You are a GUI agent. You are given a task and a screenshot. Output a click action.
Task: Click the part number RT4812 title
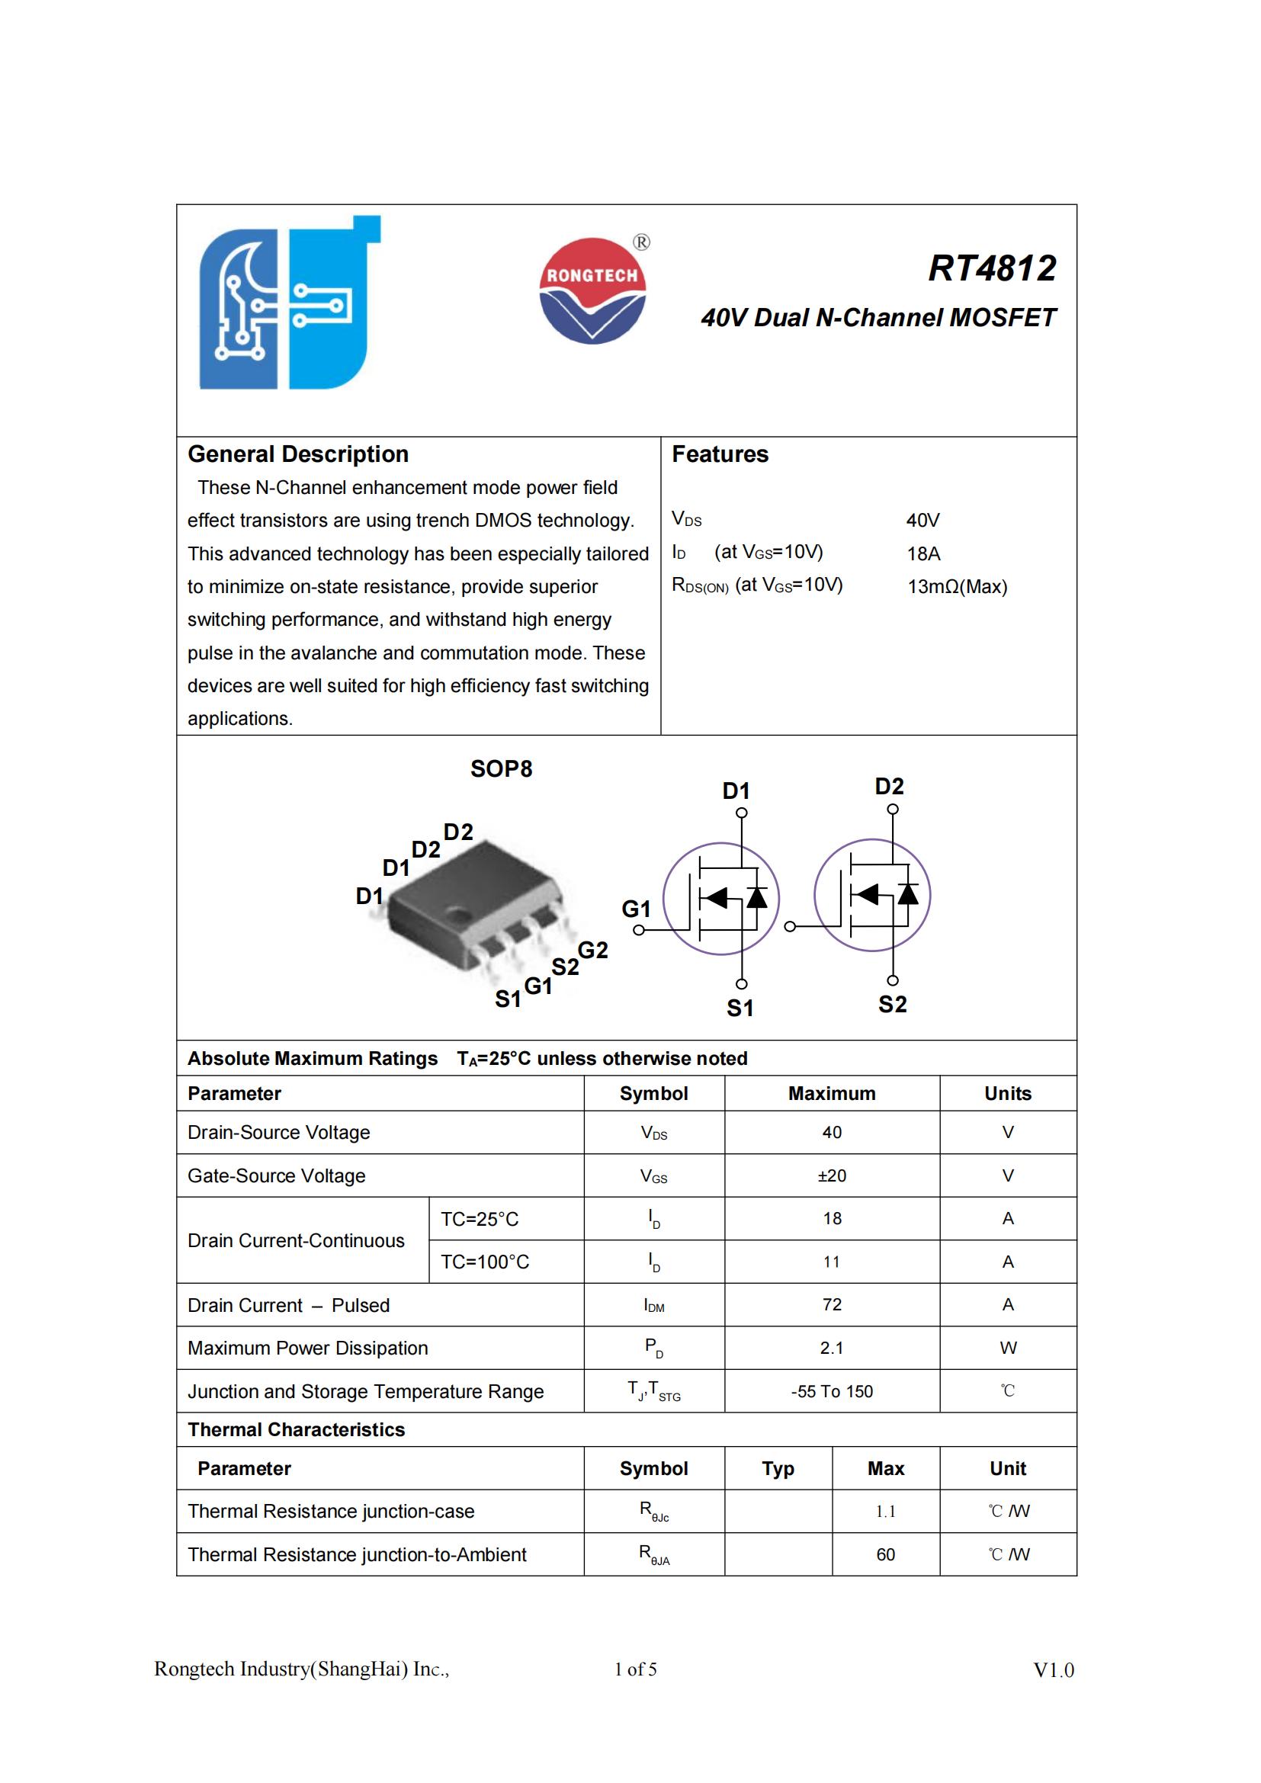[992, 268]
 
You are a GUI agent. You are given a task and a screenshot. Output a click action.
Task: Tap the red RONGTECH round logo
[592, 290]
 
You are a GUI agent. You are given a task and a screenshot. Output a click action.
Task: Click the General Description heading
[298, 454]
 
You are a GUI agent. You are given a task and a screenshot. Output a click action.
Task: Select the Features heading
[720, 454]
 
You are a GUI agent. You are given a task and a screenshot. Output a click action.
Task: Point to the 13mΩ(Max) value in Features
[957, 586]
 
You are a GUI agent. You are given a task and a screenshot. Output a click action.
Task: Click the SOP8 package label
[501, 769]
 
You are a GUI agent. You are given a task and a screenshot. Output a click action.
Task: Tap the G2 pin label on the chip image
[592, 950]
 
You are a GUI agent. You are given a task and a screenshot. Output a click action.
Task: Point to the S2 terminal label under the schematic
[892, 1004]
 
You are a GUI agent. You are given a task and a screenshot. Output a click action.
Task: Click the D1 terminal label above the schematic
[736, 790]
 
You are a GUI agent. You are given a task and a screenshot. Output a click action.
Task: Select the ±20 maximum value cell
[832, 1175]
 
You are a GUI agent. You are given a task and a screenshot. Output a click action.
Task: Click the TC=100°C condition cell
[485, 1262]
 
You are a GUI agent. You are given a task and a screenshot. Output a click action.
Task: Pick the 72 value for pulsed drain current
[832, 1304]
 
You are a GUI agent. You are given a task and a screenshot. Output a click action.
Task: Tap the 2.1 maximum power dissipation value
[832, 1348]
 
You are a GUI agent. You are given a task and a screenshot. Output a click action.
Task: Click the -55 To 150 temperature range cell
[832, 1392]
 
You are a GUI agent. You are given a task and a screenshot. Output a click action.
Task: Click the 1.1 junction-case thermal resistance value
[885, 1511]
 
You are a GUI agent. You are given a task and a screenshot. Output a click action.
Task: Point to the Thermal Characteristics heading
[296, 1429]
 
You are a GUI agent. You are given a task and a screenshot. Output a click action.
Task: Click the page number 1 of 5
[635, 1669]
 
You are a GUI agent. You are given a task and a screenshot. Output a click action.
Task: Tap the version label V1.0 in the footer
[1053, 1670]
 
